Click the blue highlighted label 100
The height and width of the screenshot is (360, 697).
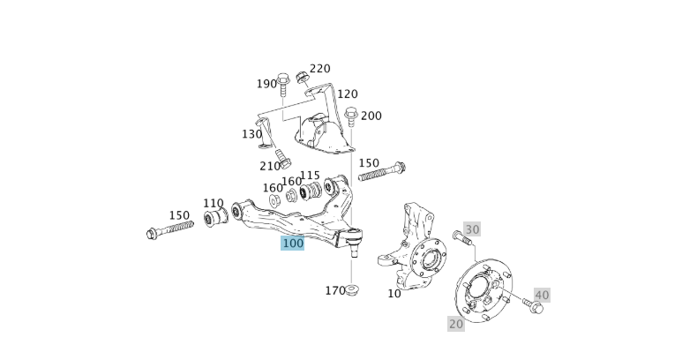(292, 243)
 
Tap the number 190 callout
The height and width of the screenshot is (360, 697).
(266, 84)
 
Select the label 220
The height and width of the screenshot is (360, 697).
(320, 69)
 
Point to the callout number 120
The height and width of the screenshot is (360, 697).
(347, 94)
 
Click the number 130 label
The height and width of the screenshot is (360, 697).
(251, 134)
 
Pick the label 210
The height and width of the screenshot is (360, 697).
(270, 166)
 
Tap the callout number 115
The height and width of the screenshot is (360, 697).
(310, 176)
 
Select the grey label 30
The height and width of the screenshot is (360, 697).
(472, 229)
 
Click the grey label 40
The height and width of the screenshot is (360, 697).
(542, 295)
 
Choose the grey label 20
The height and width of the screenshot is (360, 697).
(455, 324)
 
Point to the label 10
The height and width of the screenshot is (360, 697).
(394, 293)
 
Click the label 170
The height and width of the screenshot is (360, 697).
(335, 290)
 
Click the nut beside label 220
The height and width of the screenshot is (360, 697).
(302, 77)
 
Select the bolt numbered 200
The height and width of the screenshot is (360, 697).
(351, 116)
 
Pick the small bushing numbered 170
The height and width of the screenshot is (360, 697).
(353, 290)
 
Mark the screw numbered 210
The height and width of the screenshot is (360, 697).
(283, 160)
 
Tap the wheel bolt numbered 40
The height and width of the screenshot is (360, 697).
(534, 305)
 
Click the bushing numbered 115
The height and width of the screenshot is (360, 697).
(310, 191)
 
